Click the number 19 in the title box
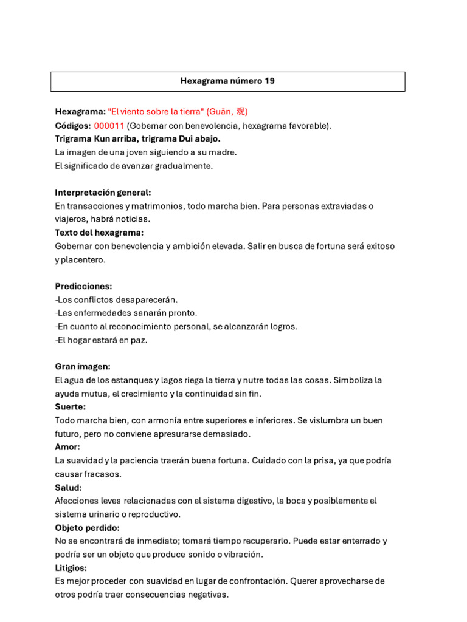pyautogui.click(x=269, y=81)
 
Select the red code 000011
pyautogui.click(x=109, y=126)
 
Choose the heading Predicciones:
pyautogui.click(x=83, y=286)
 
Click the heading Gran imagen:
pyautogui.click(x=83, y=367)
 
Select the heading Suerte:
pyautogui.click(x=70, y=407)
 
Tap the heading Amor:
pyautogui.click(x=67, y=447)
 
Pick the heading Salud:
pyautogui.click(x=68, y=487)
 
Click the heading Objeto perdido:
pyautogui.click(x=87, y=528)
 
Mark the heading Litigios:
pyautogui.click(x=71, y=568)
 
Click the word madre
pyautogui.click(x=223, y=152)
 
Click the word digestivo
pyautogui.click(x=251, y=501)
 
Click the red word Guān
pyautogui.click(x=220, y=112)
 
